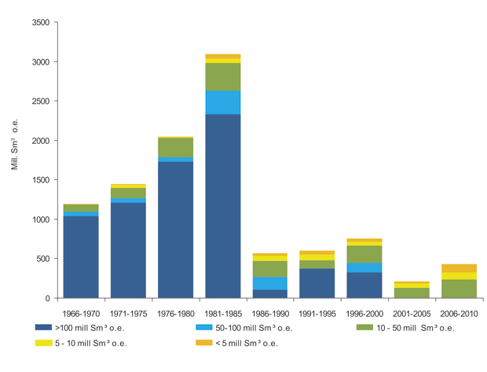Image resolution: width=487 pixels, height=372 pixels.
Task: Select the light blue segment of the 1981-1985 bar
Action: [x=222, y=102]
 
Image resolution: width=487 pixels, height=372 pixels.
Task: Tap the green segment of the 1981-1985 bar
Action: [x=222, y=76]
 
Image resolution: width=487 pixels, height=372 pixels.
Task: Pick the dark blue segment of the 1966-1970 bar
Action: [x=81, y=256]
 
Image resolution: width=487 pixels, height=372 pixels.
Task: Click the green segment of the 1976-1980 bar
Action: [x=175, y=147]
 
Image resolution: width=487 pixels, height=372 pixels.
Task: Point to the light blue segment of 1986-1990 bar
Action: [x=269, y=283]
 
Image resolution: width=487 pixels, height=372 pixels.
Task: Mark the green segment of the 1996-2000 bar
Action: [x=364, y=254]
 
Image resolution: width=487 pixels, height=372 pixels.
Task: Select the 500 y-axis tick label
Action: [x=44, y=259]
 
